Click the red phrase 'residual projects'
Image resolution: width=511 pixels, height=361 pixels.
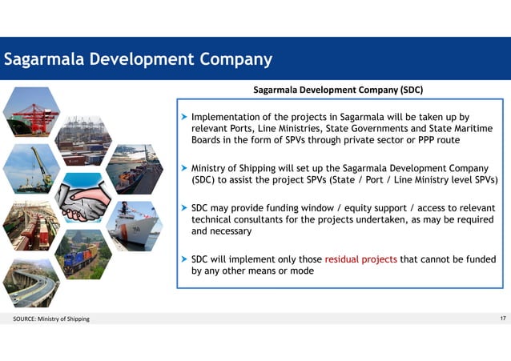point(360,259)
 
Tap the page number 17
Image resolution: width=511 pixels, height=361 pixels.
point(503,319)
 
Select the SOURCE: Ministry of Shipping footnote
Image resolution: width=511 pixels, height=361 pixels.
point(51,320)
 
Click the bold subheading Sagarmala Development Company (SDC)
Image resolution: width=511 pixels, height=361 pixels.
point(338,89)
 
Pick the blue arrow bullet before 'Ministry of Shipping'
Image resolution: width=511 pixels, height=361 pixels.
point(184,168)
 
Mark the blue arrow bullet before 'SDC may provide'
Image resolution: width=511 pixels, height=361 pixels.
point(184,207)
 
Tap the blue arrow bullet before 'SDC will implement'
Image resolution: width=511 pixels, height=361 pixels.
point(184,259)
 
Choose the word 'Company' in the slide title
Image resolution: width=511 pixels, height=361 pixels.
point(233,59)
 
